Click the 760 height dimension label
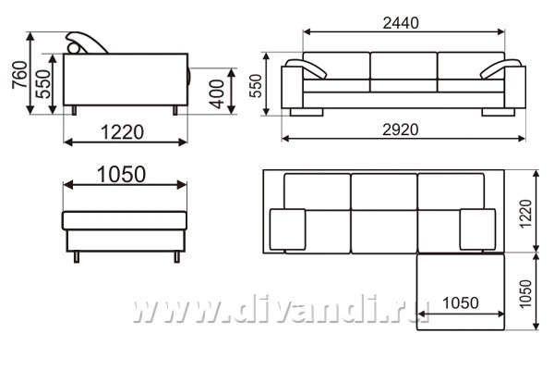[x=19, y=74]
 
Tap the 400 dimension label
[x=217, y=93]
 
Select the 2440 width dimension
[x=401, y=23]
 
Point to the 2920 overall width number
[x=401, y=129]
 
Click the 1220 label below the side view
[x=122, y=132]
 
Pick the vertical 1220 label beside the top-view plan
[x=525, y=214]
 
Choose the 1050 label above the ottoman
[x=121, y=175]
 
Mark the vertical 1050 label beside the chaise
[x=525, y=294]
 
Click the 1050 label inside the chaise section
[x=461, y=303]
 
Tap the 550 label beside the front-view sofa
[x=256, y=85]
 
